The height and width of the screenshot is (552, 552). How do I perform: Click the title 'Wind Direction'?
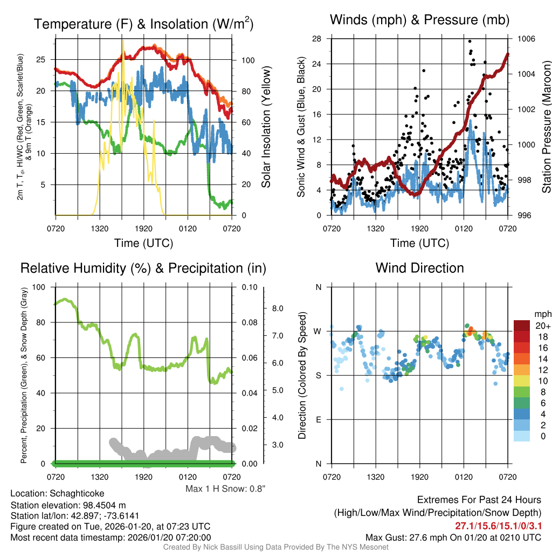(x=419, y=268)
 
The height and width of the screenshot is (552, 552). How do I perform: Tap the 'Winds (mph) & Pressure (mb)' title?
(x=419, y=20)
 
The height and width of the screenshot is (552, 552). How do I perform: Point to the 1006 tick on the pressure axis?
(x=525, y=39)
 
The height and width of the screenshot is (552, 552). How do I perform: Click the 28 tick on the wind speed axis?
(x=317, y=39)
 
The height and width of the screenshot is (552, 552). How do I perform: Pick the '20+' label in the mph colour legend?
(x=542, y=326)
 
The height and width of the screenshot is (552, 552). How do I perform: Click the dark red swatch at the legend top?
(x=523, y=326)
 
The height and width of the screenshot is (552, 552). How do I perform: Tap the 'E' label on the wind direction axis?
(x=319, y=419)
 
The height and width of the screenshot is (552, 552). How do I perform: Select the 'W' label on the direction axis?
(x=318, y=331)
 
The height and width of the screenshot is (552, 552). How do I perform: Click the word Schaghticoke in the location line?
(x=77, y=493)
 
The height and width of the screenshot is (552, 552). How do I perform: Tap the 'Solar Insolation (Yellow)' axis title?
(x=266, y=127)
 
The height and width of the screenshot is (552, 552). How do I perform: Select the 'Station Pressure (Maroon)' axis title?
(x=546, y=127)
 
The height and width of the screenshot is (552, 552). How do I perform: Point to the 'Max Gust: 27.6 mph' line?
(x=453, y=537)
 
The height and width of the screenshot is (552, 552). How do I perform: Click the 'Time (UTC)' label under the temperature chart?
(x=143, y=243)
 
